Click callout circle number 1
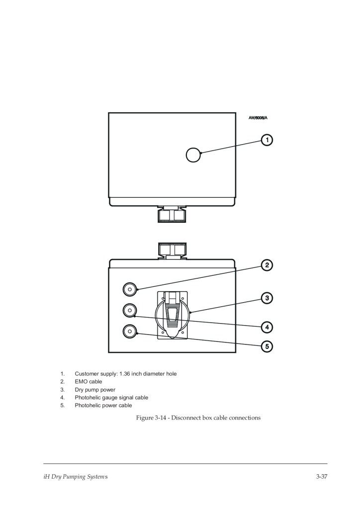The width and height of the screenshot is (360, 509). [x=268, y=140]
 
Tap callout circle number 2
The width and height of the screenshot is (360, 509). [x=268, y=265]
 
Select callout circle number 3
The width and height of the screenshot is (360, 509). [x=268, y=298]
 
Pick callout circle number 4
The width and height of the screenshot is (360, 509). [x=268, y=327]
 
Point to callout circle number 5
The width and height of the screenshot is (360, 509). [x=268, y=346]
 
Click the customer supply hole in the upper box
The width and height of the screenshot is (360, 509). [x=193, y=155]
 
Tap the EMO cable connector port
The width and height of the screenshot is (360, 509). [x=129, y=289]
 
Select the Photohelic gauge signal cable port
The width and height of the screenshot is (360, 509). [x=129, y=310]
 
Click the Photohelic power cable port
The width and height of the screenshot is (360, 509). [x=129, y=331]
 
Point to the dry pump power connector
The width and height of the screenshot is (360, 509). [x=172, y=314]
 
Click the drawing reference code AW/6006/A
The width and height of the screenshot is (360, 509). [x=258, y=118]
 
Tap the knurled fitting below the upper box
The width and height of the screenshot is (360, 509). [x=172, y=215]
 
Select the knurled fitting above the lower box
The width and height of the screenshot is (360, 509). [x=172, y=250]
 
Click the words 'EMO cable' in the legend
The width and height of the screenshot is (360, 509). [x=89, y=382]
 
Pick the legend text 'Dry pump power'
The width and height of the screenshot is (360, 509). [x=95, y=390]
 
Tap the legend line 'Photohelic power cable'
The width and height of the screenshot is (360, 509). [x=103, y=406]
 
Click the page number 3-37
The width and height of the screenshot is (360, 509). [x=321, y=478]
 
